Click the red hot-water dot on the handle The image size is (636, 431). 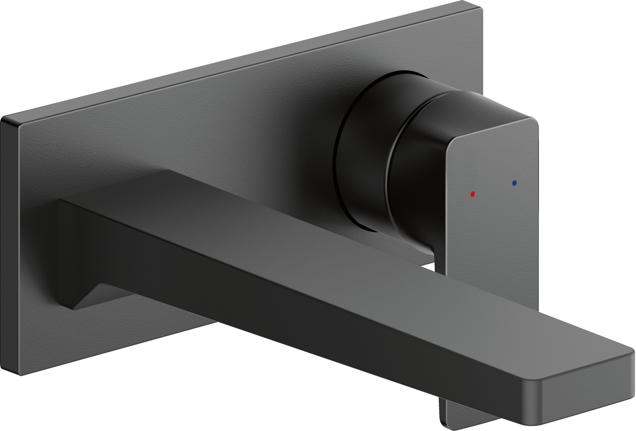[x=472, y=194]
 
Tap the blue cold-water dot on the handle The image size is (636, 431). [x=515, y=183]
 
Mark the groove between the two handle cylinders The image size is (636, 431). [x=389, y=165]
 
